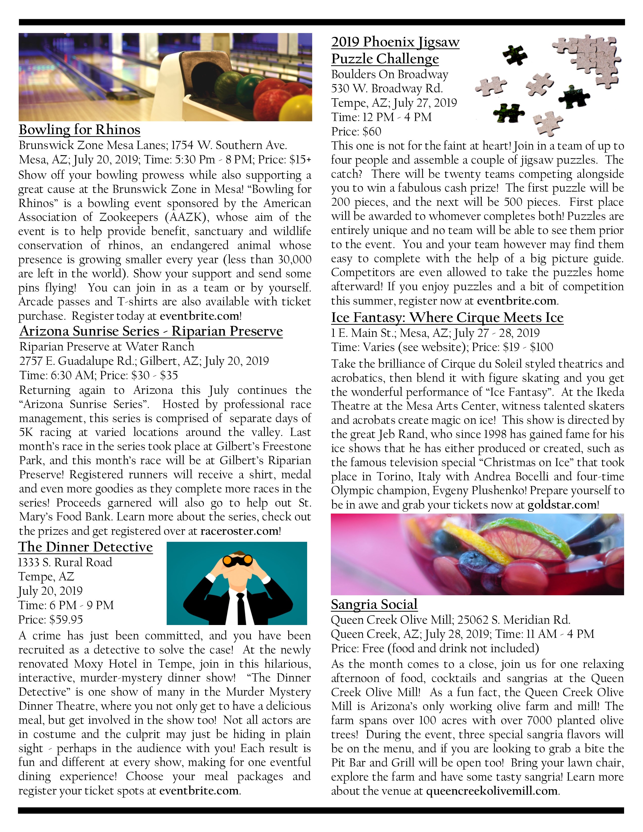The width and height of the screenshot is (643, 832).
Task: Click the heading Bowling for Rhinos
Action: point(80,130)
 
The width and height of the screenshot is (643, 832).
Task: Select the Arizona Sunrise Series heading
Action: point(151,332)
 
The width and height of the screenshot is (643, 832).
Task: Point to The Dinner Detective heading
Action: point(86,547)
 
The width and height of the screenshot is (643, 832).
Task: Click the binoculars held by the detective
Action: point(237,560)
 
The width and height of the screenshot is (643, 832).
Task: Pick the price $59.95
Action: point(66,620)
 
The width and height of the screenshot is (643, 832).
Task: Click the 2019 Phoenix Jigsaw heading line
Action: point(395,42)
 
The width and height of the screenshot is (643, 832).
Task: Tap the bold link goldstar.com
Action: point(562,505)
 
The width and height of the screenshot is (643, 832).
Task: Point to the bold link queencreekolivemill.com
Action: point(491,791)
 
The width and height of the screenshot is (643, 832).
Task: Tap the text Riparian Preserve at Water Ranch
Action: point(107,347)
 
